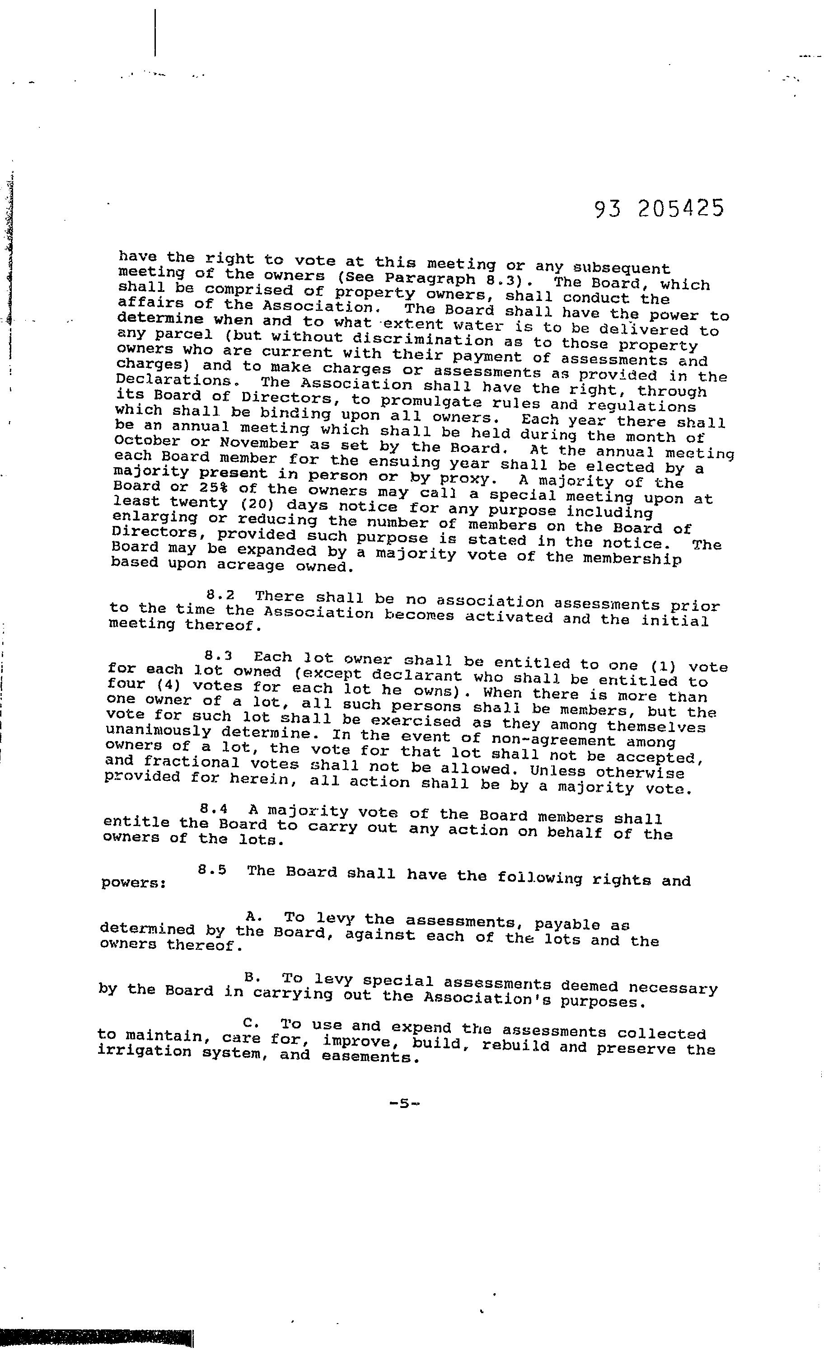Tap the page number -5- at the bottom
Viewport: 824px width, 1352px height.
click(404, 1103)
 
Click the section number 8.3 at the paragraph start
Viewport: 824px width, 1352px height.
click(218, 656)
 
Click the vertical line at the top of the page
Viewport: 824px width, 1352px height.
click(155, 33)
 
